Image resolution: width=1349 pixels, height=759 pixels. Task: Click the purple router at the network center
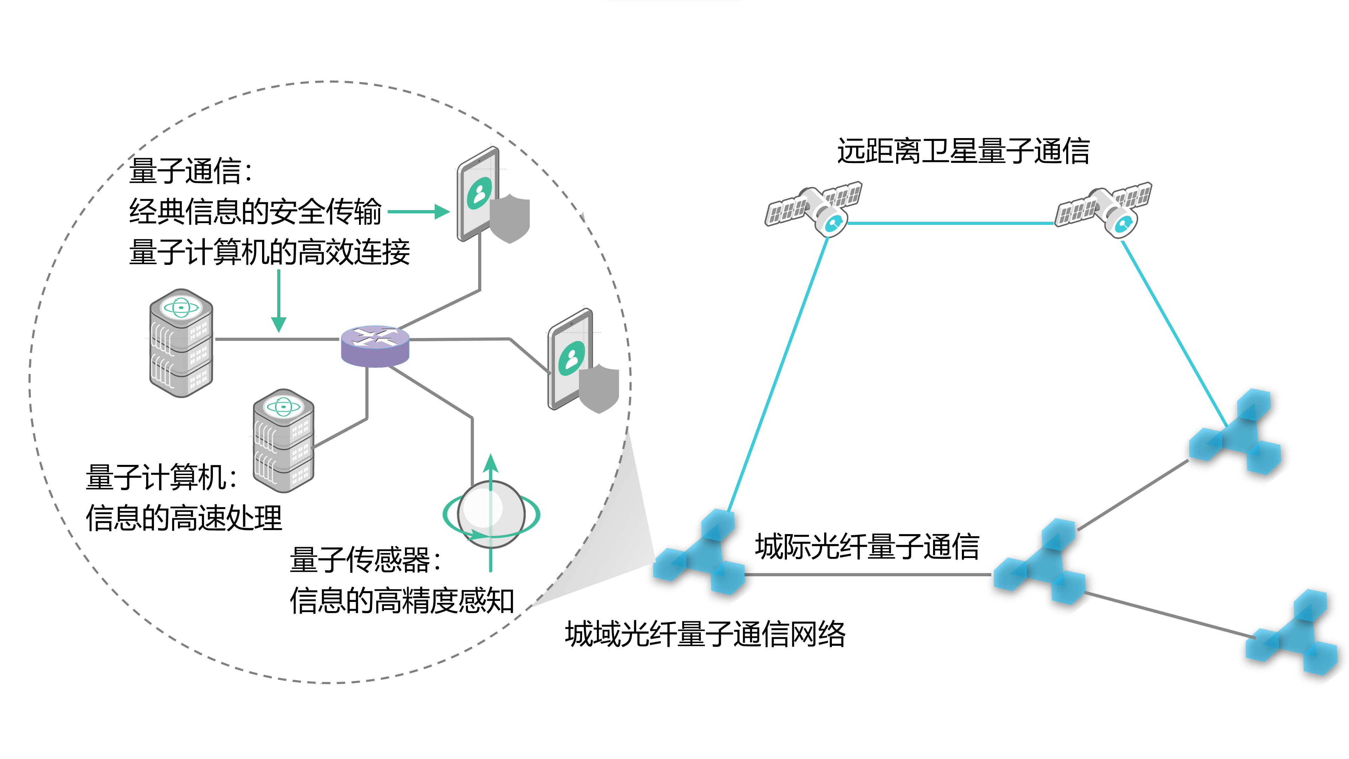pos(375,346)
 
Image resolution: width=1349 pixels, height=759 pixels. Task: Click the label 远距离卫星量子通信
pos(963,151)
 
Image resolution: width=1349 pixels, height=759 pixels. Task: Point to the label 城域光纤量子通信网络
pos(705,634)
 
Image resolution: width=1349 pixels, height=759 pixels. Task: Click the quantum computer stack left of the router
pos(181,343)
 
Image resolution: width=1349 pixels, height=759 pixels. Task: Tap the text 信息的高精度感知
pos(402,601)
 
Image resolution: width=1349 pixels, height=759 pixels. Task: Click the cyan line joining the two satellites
pos(951,223)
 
